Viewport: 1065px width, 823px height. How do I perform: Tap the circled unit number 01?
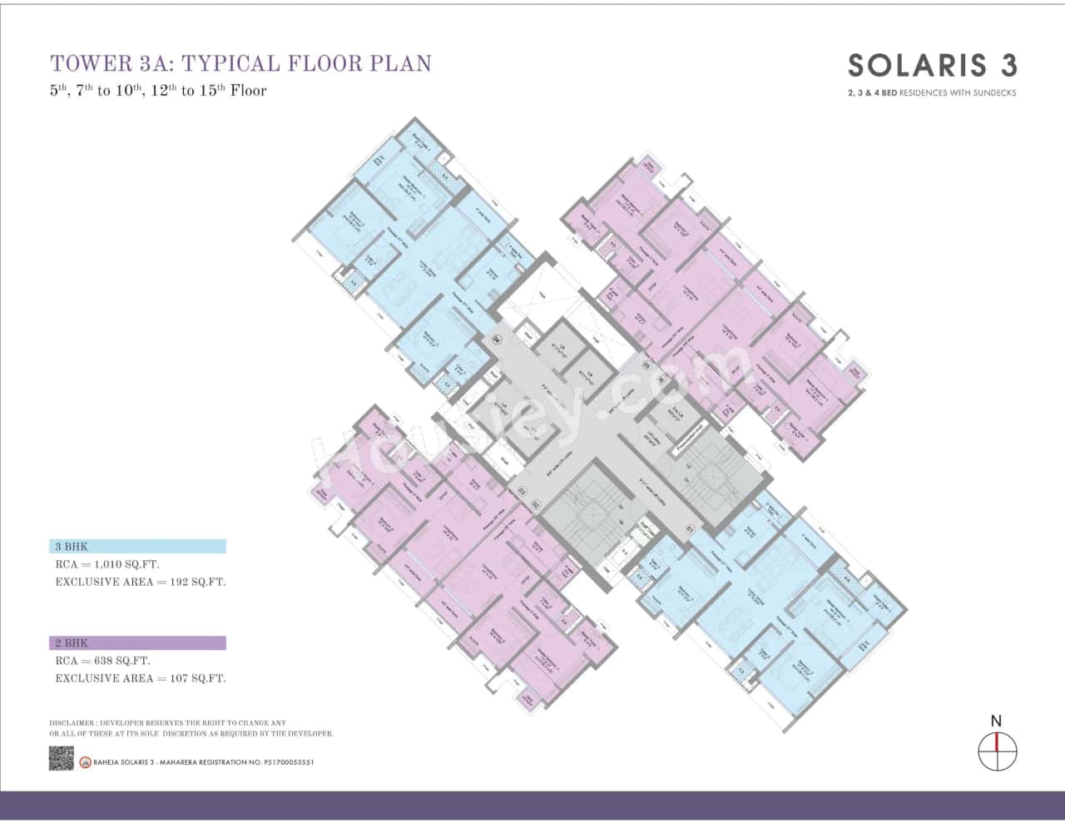(690, 529)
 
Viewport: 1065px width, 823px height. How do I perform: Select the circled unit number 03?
(523, 492)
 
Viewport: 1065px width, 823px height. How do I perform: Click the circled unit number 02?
(536, 504)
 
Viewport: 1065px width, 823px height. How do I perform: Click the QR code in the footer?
(62, 758)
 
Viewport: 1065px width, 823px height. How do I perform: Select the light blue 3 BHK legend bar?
(137, 547)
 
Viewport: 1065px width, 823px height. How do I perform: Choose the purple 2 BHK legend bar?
(137, 643)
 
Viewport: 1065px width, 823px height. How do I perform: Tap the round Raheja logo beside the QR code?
(85, 762)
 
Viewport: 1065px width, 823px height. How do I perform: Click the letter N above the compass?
(996, 721)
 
